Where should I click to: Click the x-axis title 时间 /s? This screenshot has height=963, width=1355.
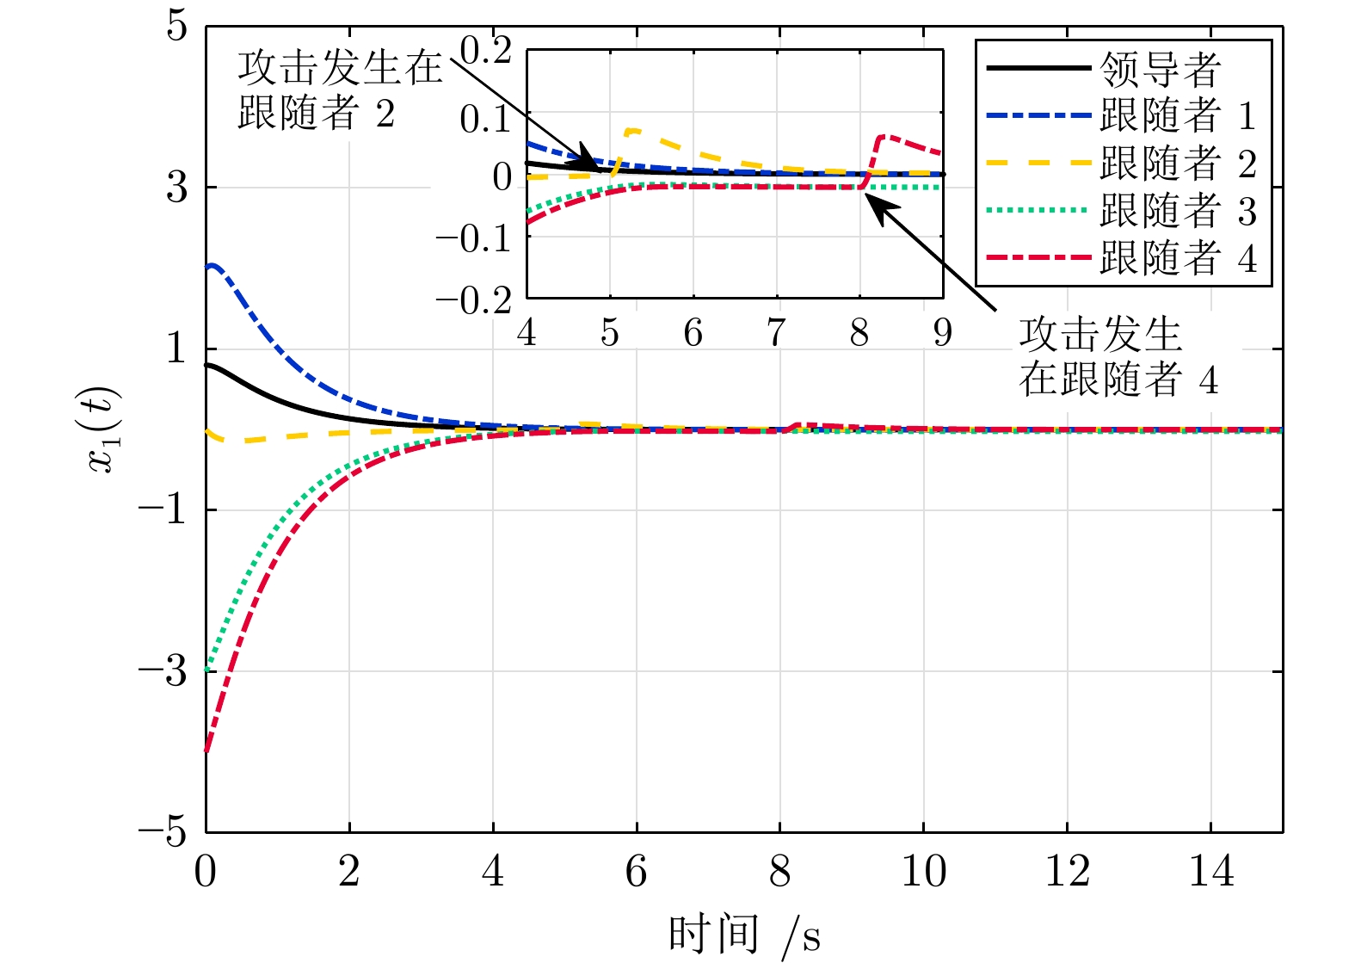pos(744,935)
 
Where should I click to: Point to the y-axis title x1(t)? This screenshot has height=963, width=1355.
pos(104,429)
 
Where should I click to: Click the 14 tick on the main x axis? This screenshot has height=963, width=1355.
pos(1210,872)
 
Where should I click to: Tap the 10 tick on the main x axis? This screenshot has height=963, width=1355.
pos(923,872)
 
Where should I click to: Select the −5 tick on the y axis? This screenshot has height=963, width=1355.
pos(163,832)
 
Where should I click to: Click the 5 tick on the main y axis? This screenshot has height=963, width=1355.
pos(176,27)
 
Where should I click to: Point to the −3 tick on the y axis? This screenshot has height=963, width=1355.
pos(163,671)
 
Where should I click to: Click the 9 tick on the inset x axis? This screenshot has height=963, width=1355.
pos(943,332)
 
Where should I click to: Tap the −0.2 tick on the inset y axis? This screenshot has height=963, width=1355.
pos(474,300)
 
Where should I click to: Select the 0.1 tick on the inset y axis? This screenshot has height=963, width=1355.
pos(485,119)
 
